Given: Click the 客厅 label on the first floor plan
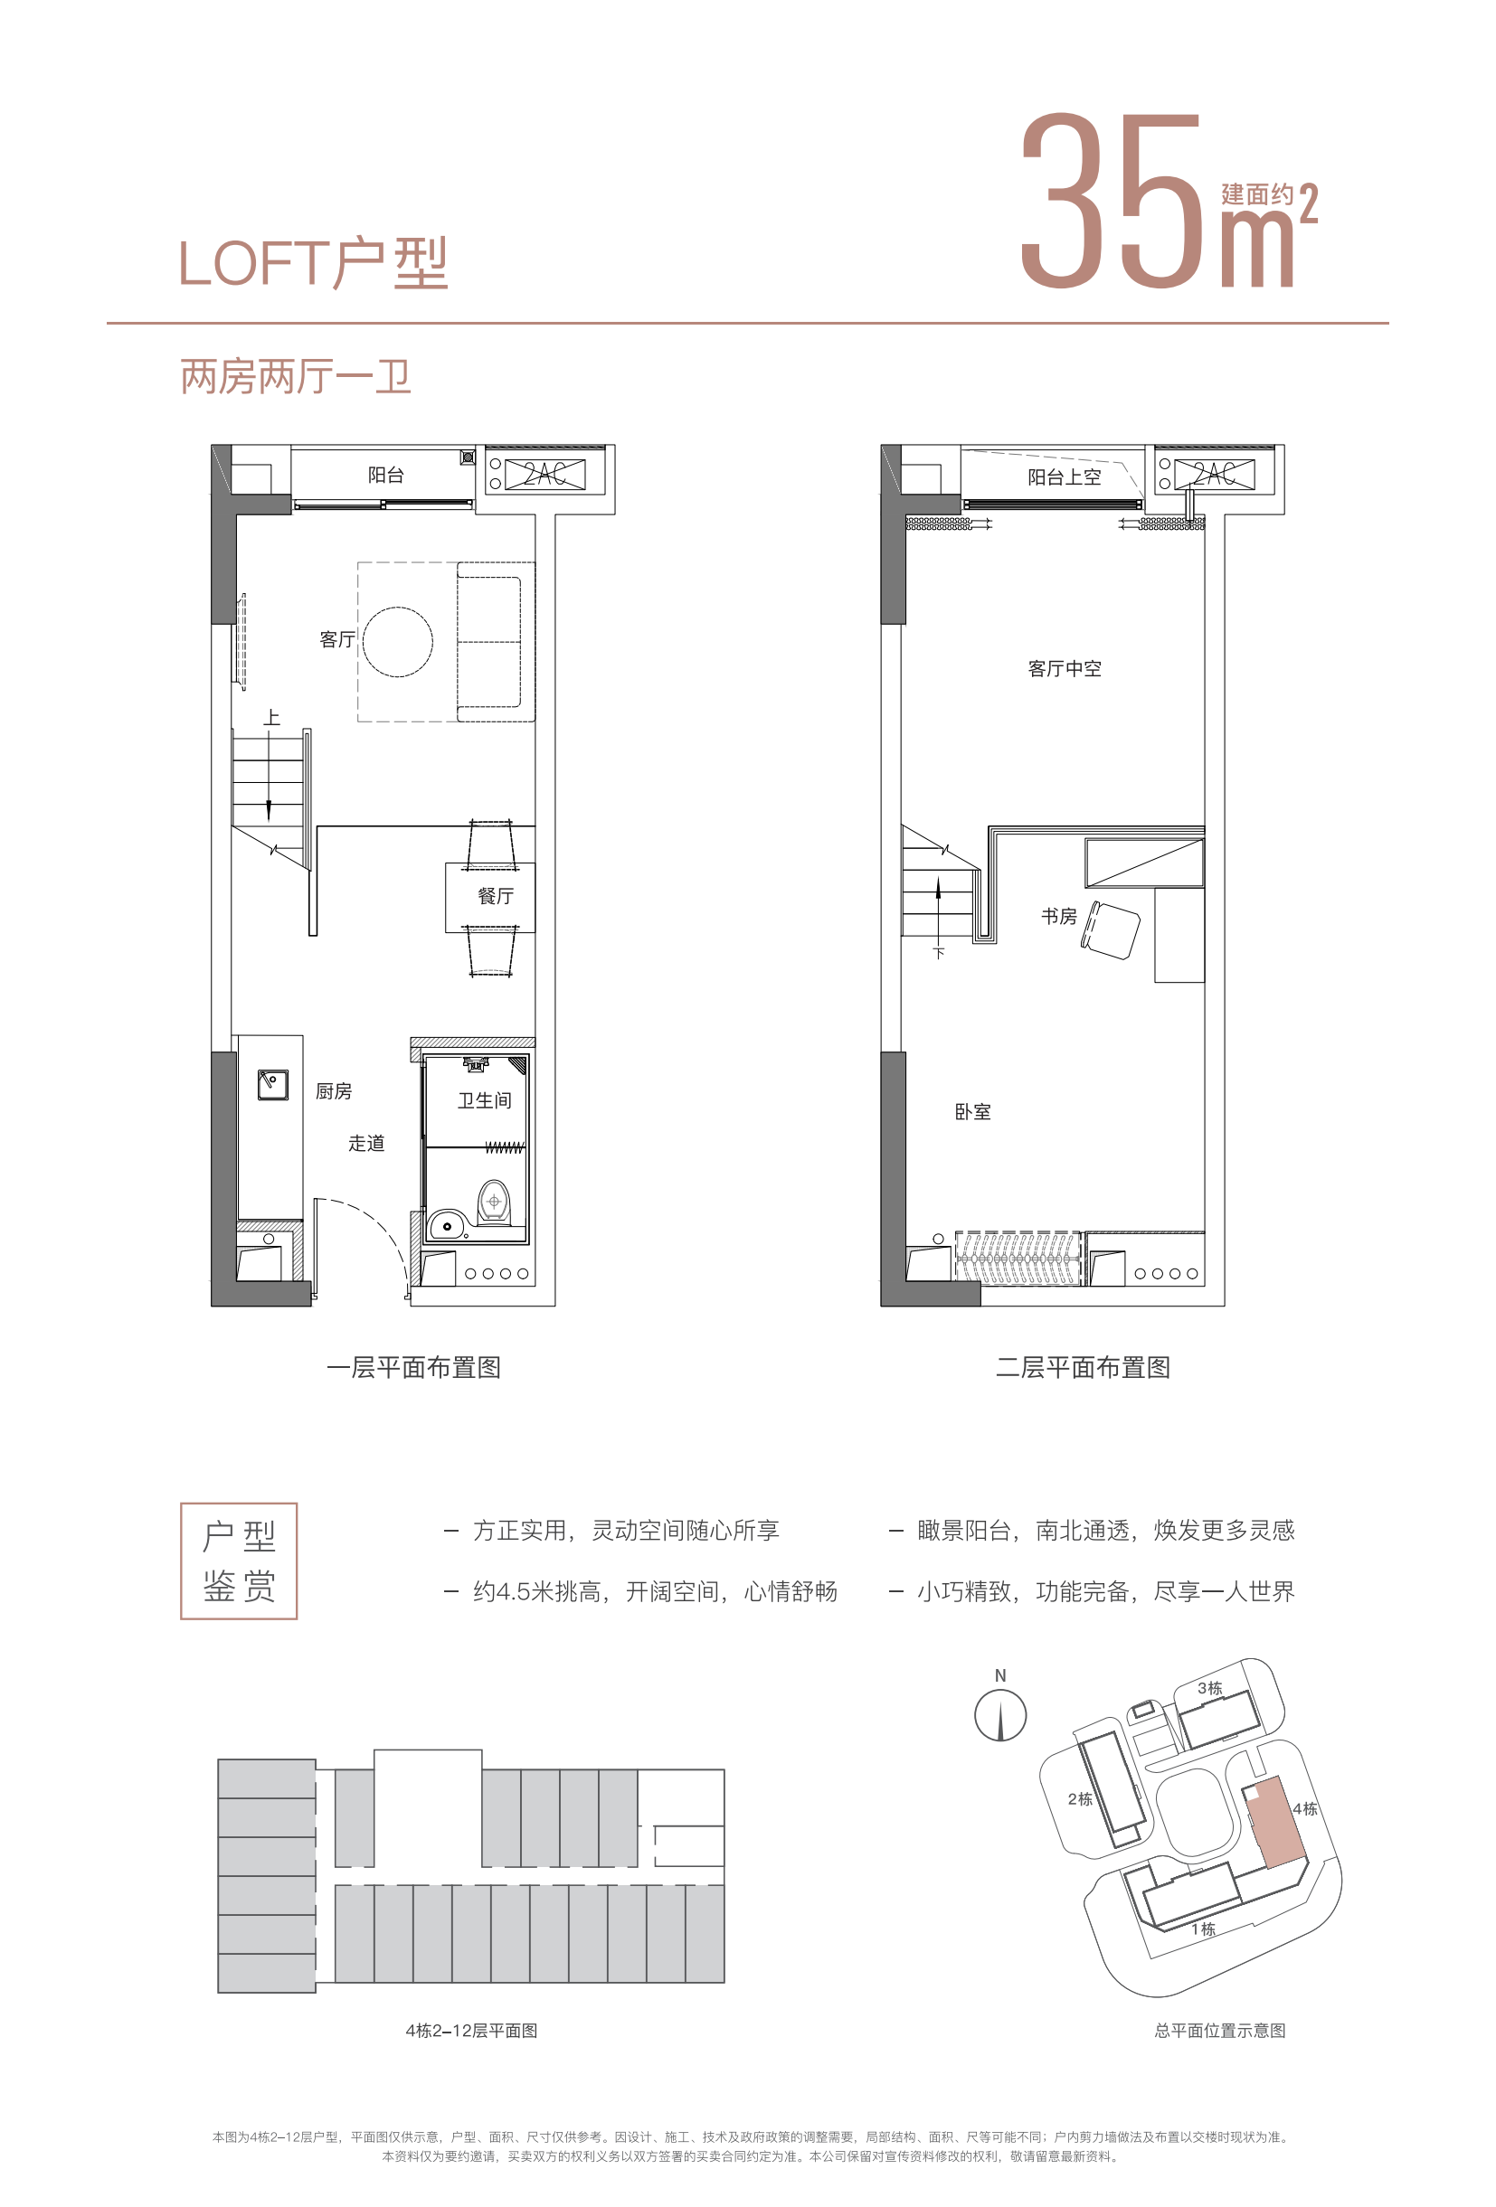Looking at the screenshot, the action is coord(337,639).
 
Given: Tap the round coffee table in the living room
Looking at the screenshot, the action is coord(397,642).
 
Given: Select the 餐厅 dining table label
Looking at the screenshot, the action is coord(495,895).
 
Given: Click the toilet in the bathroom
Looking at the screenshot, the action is coord(493,1203).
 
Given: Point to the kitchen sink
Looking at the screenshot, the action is coord(272,1084).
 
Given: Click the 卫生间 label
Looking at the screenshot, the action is coord(485,1099).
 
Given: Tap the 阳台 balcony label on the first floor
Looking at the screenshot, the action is coord(385,475).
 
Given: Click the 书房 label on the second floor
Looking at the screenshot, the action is coord(1059,916).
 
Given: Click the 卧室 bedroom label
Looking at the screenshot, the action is coord(972,1111).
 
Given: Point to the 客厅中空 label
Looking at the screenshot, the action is coord(1065,668).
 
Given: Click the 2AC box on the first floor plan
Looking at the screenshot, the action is coord(545,474).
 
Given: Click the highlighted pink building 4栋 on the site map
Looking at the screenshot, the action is coord(1275,1822).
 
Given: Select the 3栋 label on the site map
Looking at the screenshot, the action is coord(1209,1687).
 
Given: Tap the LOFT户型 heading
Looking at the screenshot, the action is coord(313,263).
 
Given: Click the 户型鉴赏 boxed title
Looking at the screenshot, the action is coord(239,1561).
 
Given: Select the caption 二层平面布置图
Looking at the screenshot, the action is coord(1083,1367).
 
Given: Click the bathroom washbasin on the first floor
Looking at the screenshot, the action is coord(447,1225).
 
